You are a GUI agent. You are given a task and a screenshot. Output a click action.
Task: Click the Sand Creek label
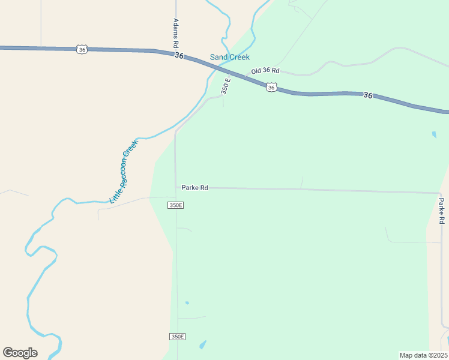point(229,58)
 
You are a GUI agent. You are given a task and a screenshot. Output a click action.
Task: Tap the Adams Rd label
point(176,34)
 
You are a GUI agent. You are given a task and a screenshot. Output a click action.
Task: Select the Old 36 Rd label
point(266,71)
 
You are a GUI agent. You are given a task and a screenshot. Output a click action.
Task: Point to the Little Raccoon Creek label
point(124,171)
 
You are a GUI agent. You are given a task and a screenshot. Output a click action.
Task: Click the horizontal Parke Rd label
point(194,188)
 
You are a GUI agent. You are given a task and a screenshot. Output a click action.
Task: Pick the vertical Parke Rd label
point(441,211)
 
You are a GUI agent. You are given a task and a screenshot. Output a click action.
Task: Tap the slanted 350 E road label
point(226,86)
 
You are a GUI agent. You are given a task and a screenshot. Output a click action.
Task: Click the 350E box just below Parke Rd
point(175,205)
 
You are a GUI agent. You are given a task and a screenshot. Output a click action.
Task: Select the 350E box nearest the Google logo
point(176,337)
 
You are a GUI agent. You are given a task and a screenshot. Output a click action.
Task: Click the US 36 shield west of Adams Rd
point(82,49)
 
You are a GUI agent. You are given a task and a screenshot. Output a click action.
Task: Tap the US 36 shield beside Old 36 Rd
point(271,88)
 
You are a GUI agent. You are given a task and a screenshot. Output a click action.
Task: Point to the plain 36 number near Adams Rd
point(179,55)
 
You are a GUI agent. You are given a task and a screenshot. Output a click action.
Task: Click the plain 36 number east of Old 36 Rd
point(367,95)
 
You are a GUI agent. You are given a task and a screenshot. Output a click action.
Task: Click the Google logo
point(20,353)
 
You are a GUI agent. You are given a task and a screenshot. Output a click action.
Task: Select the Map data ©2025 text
point(424,355)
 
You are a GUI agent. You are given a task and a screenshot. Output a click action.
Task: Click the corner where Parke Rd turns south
point(440,193)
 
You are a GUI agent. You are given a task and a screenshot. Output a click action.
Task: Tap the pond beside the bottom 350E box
point(202,345)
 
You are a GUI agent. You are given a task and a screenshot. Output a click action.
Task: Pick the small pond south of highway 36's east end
point(434,135)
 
